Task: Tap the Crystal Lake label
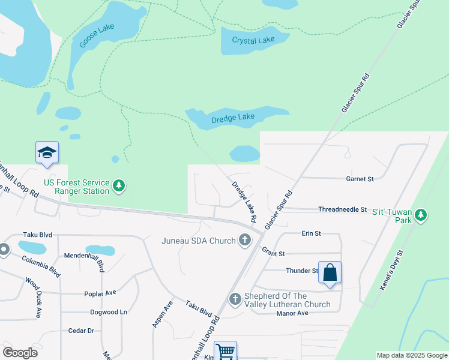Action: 253,41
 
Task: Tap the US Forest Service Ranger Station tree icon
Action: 119,187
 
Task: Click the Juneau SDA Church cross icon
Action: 244,241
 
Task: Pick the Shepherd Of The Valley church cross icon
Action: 235,299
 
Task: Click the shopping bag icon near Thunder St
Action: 330,272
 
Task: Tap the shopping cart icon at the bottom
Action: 225,351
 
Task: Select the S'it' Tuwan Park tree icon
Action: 421,215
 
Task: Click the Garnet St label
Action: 360,179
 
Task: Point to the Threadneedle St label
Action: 342,209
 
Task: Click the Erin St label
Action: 311,233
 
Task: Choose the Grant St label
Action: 273,254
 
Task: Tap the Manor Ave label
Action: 292,313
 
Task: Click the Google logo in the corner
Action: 20,353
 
